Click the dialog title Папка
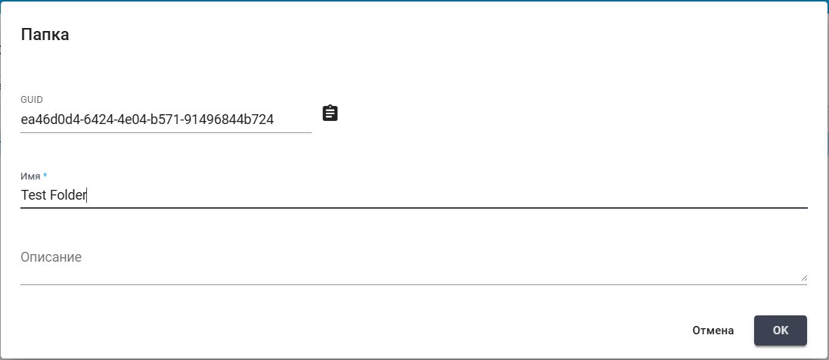click(x=45, y=35)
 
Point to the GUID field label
click(x=32, y=99)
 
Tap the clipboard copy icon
click(x=330, y=113)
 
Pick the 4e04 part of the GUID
click(x=124, y=119)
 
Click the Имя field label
click(x=31, y=176)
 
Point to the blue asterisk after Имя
click(x=45, y=175)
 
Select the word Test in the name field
click(x=33, y=195)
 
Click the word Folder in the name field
click(x=67, y=195)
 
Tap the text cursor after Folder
click(x=86, y=195)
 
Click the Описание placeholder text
click(x=51, y=257)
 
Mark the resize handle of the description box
click(x=803, y=277)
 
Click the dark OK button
click(x=781, y=331)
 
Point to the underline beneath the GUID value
click(x=166, y=132)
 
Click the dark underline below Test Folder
click(x=414, y=208)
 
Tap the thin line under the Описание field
click(x=414, y=284)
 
